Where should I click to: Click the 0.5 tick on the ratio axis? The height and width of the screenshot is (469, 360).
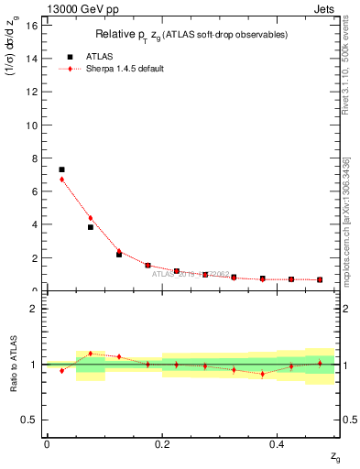[x=32, y=420]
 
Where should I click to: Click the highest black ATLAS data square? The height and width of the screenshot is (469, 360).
[x=61, y=169]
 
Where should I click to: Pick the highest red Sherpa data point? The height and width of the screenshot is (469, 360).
[x=61, y=180]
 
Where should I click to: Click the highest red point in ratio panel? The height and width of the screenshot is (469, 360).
[x=90, y=353]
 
